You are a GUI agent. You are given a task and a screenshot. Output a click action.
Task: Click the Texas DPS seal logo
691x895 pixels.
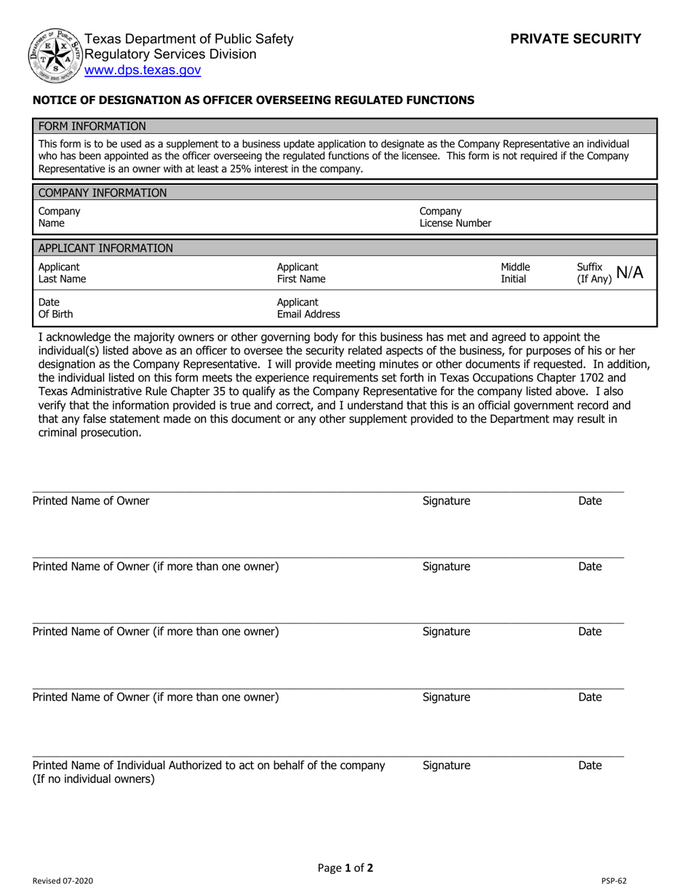tap(54, 56)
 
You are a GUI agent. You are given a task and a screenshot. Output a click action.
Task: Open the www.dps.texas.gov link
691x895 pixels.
tap(143, 71)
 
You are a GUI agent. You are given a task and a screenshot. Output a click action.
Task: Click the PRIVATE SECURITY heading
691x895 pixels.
tap(575, 39)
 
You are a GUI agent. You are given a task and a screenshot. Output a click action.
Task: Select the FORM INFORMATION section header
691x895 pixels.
tap(92, 126)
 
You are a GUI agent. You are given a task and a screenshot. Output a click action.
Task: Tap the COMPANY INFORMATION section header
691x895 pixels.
tap(102, 193)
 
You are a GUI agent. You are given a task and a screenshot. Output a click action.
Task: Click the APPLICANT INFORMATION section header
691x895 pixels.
tap(105, 248)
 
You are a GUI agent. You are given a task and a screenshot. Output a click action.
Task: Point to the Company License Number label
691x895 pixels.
tap(455, 218)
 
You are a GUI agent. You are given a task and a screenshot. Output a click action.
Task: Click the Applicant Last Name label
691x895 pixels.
tap(62, 273)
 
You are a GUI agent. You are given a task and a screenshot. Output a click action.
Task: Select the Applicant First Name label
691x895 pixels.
tap(301, 273)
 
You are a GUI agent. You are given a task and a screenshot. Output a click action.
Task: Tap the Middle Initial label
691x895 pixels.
tap(515, 273)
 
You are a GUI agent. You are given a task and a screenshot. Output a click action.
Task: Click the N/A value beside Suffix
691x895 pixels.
tap(629, 273)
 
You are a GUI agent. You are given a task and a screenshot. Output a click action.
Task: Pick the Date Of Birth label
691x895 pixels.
tap(55, 309)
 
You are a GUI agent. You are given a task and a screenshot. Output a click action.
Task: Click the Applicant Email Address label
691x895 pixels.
tap(308, 309)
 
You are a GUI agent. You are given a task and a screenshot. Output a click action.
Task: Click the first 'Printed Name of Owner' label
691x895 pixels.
tap(91, 501)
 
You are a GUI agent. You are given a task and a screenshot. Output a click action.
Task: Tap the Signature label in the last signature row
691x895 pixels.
tap(446, 765)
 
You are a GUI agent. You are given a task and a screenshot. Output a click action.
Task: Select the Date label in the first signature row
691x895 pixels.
tap(589, 501)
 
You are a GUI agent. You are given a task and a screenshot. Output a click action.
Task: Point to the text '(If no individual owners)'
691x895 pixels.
tap(93, 779)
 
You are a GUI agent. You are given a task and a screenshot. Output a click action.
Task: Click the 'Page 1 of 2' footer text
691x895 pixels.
tap(345, 867)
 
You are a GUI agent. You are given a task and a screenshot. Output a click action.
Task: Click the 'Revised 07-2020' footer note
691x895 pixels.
tap(63, 881)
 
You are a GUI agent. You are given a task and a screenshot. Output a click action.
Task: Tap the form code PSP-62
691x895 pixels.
tap(614, 881)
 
